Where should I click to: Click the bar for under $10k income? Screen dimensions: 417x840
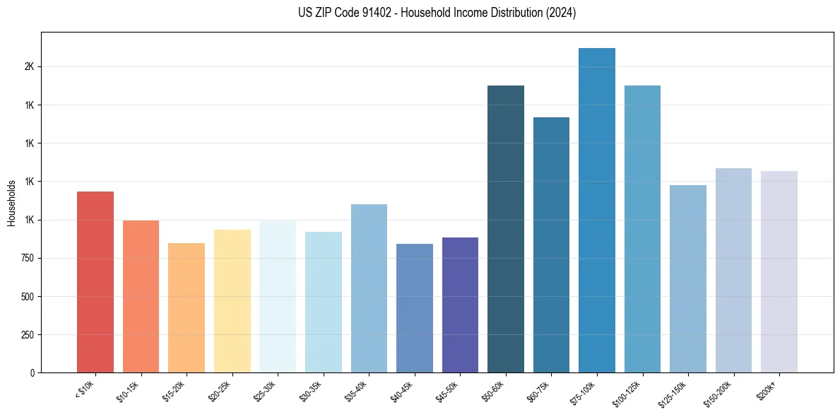pyautogui.click(x=95, y=283)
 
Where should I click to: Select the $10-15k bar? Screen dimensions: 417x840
pyautogui.click(x=141, y=297)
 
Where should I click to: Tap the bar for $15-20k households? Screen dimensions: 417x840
pyautogui.click(x=187, y=308)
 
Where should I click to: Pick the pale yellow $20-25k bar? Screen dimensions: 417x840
pyautogui.click(x=232, y=301)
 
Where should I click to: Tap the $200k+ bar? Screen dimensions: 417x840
pyautogui.click(x=779, y=272)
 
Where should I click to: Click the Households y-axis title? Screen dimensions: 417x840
pyautogui.click(x=11, y=203)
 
